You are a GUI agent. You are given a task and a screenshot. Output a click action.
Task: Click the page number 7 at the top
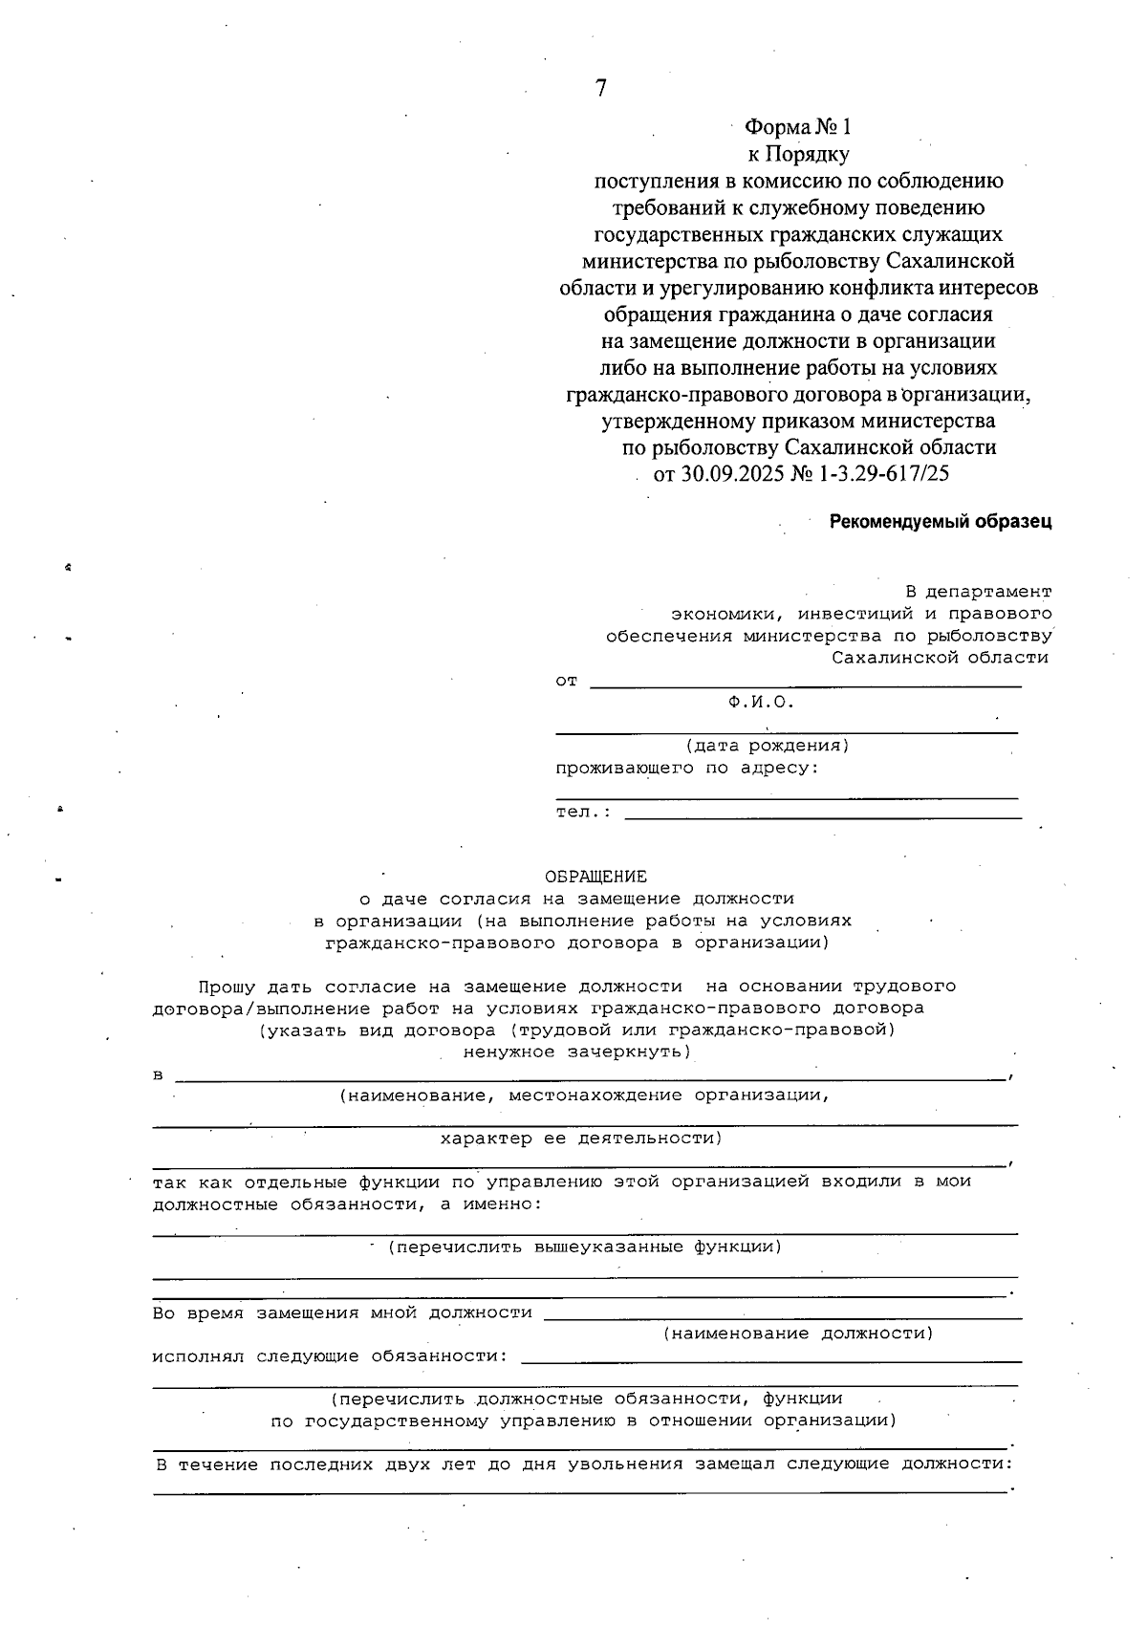coord(600,89)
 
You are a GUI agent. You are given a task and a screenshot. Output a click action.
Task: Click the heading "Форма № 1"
coord(797,127)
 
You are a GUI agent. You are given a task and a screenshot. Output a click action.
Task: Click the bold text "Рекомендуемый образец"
coord(940,522)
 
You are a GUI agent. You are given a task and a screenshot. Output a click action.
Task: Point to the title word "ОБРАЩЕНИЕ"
coord(595,877)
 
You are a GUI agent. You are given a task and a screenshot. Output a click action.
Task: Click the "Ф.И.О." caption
coord(761,703)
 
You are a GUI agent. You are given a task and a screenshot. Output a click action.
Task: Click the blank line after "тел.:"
coord(822,816)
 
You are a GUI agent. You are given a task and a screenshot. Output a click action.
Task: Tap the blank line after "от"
coord(805,685)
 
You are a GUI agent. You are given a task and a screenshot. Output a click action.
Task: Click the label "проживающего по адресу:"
coord(687,768)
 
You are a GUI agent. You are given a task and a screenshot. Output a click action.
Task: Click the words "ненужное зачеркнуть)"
coord(576,1052)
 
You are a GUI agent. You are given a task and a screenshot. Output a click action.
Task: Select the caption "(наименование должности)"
coord(798,1334)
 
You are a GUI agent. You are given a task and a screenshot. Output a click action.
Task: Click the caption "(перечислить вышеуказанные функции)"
coord(585,1247)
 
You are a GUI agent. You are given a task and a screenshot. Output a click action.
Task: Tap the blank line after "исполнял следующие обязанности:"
coord(770,1359)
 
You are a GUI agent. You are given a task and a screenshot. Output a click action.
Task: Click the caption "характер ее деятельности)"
coord(581,1139)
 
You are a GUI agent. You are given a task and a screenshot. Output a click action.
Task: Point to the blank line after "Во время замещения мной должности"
coord(782,1317)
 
